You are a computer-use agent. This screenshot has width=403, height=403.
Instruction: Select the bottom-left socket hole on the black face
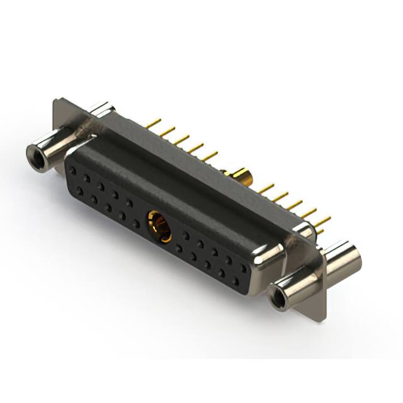point(80,188)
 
